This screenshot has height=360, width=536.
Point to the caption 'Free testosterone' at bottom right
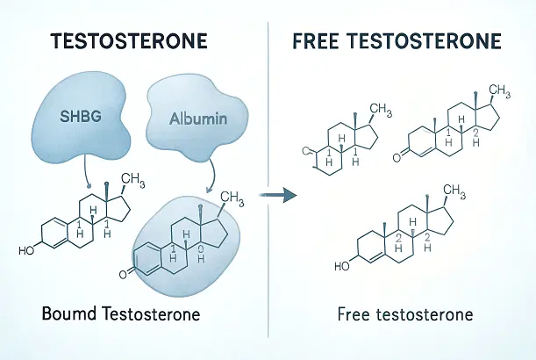coord(405,313)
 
